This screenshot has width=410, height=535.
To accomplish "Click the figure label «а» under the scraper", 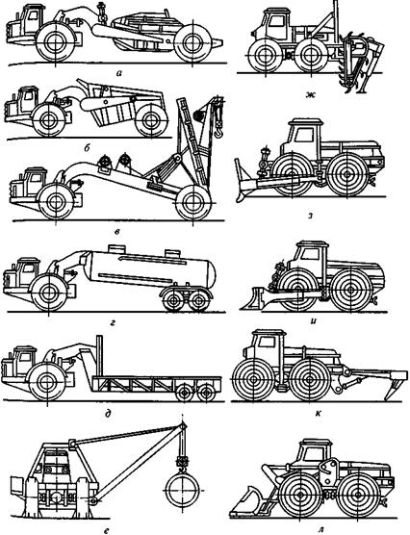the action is point(118,73).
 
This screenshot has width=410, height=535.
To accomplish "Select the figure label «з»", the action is point(310,216).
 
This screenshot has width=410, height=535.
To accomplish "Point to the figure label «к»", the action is point(318,414).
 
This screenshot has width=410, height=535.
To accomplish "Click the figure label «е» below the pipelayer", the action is point(107,530).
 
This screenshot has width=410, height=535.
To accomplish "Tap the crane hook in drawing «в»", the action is point(218,132).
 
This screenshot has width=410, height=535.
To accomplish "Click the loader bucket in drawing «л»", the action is point(244,502).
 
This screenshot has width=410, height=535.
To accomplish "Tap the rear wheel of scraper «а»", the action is point(192,42).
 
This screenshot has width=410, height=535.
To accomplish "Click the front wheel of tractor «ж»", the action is point(265,56).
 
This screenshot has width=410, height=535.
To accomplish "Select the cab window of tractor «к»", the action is point(267,342).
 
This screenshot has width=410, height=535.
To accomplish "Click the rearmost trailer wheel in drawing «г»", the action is point(199,300).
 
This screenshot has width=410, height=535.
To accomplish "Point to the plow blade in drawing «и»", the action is point(255,299).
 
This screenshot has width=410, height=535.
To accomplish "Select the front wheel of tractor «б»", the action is point(48,120).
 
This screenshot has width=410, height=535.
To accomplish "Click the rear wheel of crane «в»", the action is point(192,203).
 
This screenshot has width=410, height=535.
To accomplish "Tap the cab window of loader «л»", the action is point(313,454).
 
